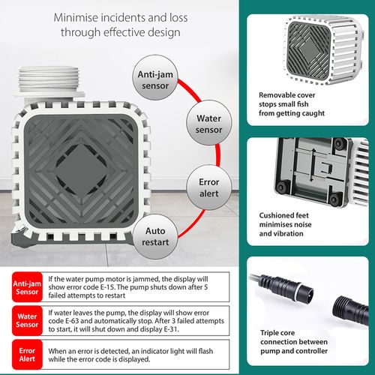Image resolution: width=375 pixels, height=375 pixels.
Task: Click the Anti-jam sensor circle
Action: (155, 78)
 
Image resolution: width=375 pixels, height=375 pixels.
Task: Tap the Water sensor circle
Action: (208, 122)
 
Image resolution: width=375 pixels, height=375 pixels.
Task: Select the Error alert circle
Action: (208, 187)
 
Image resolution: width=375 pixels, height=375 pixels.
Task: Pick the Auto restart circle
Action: (155, 236)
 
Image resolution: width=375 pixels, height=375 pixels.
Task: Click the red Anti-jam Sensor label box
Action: (27, 287)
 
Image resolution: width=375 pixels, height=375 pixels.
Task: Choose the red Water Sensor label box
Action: (27, 320)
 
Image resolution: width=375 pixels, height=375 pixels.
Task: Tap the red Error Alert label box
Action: (27, 354)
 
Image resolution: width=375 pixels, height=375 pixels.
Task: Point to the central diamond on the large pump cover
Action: (80, 170)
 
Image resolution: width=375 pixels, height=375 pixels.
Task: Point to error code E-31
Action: (171, 329)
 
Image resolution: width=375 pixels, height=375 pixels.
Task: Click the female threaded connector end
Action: (350, 310)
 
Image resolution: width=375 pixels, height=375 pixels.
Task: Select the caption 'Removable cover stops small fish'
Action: (287, 100)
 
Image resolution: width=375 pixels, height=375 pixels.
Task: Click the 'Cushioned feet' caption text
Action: (283, 215)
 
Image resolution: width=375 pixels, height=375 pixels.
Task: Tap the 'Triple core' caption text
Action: (277, 333)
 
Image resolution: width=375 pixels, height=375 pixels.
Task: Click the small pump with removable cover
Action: (323, 49)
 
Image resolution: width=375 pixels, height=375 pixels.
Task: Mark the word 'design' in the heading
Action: (163, 33)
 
